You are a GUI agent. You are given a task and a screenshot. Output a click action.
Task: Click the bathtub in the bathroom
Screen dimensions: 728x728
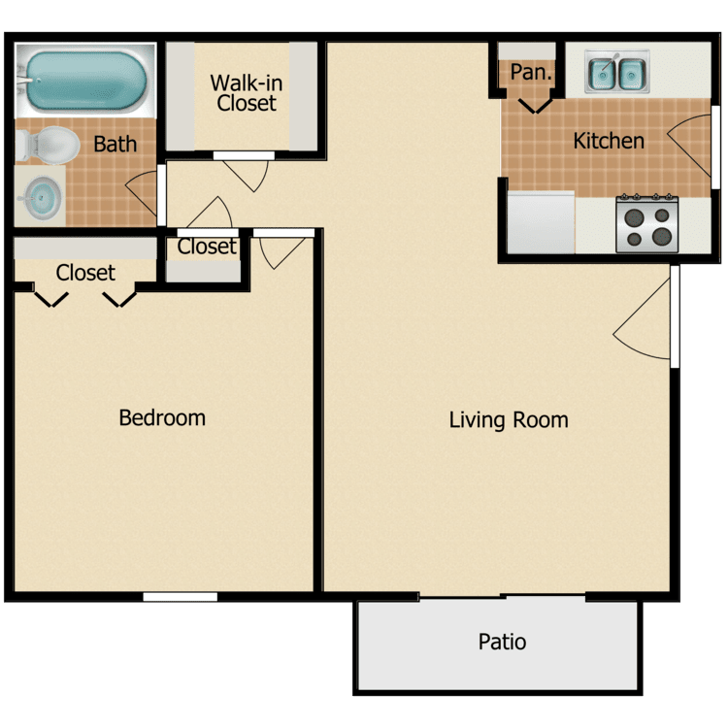pyautogui.click(x=85, y=81)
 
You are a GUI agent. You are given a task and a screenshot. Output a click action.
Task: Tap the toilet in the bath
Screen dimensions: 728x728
pyautogui.click(x=48, y=146)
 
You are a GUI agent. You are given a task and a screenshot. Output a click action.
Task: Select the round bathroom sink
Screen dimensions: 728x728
pyautogui.click(x=42, y=198)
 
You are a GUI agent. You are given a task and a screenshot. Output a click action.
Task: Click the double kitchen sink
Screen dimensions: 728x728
pyautogui.click(x=616, y=72)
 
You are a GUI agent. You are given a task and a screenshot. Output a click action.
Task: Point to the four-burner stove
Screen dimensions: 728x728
pyautogui.click(x=647, y=224)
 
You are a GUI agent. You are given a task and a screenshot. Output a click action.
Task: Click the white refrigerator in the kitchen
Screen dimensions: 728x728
pyautogui.click(x=541, y=223)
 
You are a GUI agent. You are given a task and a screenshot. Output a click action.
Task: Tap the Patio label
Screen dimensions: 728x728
pyautogui.click(x=502, y=642)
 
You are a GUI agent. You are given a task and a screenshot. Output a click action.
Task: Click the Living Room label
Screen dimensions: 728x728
pyautogui.click(x=509, y=419)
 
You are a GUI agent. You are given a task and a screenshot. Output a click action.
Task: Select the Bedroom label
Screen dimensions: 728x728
pyautogui.click(x=162, y=417)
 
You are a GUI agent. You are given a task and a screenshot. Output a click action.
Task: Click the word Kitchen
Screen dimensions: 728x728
pyautogui.click(x=609, y=141)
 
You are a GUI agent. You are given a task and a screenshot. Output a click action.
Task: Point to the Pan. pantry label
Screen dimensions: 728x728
pyautogui.click(x=531, y=72)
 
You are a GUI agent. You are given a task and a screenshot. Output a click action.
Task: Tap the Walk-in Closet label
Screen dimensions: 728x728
pyautogui.click(x=247, y=93)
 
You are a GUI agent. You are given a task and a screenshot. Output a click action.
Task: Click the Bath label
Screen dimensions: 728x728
pyautogui.click(x=116, y=144)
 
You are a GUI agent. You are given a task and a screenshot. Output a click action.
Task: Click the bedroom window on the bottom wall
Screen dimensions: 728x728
pyautogui.click(x=181, y=597)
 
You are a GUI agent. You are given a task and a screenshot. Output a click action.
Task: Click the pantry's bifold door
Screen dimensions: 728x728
pyautogui.click(x=535, y=106)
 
